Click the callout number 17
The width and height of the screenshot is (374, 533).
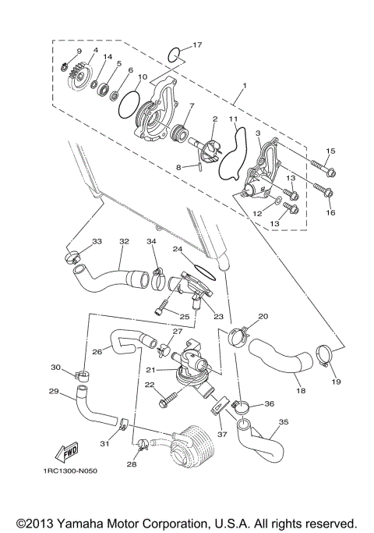197,44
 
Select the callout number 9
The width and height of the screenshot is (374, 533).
79,52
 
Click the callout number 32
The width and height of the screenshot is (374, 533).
123,242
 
